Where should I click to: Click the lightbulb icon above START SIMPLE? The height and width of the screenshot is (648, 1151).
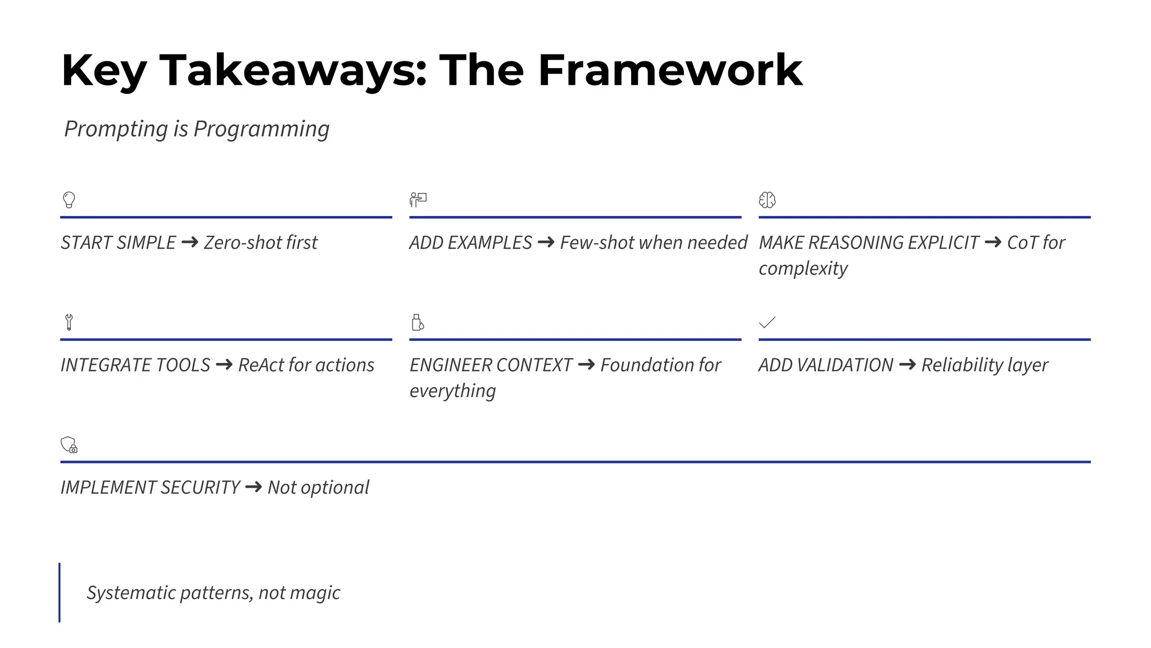69,200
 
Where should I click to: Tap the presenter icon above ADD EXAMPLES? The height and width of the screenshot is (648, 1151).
418,200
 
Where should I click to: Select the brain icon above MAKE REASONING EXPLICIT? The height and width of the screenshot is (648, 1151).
767,200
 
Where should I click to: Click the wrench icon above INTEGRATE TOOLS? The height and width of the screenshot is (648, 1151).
69,322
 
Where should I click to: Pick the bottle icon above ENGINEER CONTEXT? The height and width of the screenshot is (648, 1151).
418,322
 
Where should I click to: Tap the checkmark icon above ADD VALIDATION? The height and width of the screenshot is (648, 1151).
767,322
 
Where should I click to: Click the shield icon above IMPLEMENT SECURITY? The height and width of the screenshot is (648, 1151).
69,445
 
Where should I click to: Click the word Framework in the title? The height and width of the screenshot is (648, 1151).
670,70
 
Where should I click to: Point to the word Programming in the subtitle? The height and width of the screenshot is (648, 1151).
261,129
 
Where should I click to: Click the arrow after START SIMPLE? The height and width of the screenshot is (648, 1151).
190,242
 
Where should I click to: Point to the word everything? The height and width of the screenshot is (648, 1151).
452,391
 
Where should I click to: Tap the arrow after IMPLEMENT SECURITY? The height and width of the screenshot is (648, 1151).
254,487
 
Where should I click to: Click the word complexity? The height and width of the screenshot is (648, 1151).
803,268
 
